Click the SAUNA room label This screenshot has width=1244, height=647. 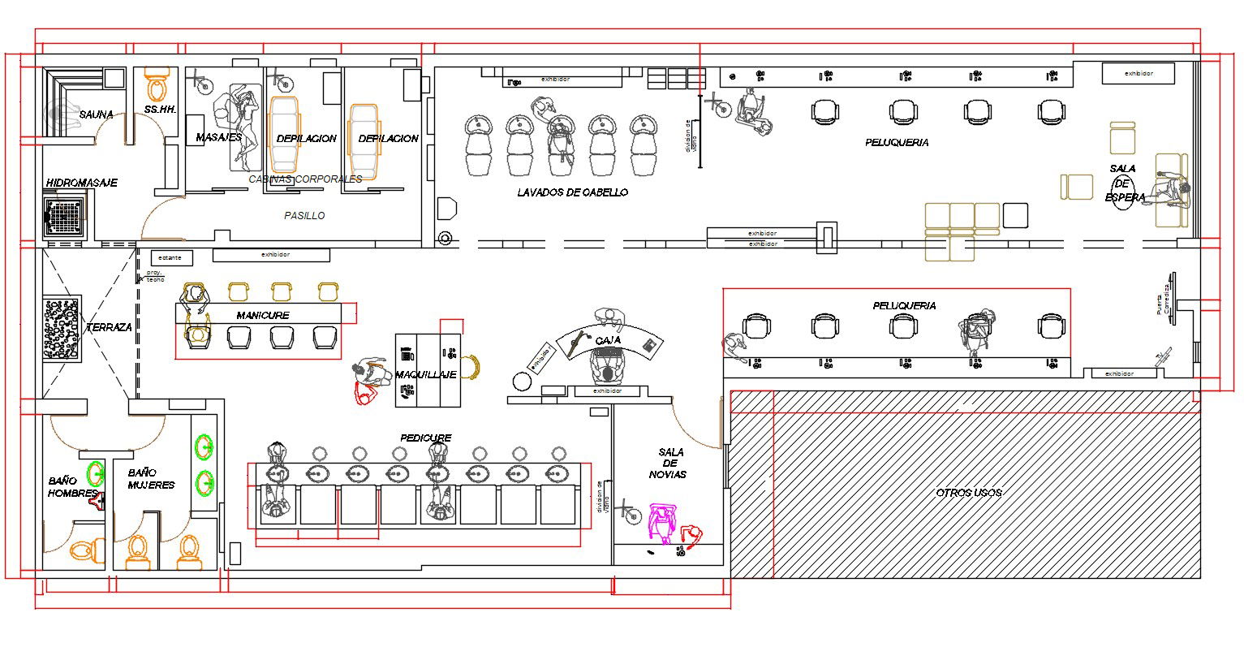point(96,114)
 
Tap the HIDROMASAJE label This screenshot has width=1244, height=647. point(81,183)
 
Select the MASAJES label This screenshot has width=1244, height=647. point(217,138)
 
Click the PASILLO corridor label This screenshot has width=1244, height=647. point(304,216)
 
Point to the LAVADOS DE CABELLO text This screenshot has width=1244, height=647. point(572,192)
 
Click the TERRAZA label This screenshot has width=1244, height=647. point(109,327)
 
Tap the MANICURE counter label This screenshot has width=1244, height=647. point(262,315)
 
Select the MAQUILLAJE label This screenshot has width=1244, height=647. point(425,374)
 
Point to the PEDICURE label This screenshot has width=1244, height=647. point(425,438)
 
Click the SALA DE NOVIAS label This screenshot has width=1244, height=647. point(672,463)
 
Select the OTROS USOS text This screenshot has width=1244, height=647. point(968,493)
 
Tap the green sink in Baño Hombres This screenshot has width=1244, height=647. point(97,472)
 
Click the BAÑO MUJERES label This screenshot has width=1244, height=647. point(151,478)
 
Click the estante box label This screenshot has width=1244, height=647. point(170,257)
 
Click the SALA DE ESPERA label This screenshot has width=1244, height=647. point(1125,183)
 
